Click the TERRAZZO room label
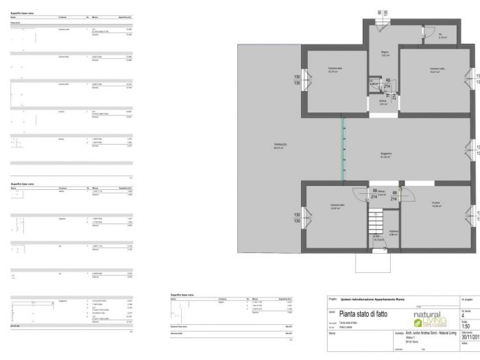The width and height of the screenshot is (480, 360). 280,145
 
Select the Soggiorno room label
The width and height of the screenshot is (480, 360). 385,156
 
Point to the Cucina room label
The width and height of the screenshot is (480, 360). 436,204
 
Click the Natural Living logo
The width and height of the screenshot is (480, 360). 431,319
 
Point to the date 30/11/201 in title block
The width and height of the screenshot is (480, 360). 470,337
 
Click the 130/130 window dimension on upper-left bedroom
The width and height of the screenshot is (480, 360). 298,80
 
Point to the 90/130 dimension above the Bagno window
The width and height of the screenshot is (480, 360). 382,13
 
